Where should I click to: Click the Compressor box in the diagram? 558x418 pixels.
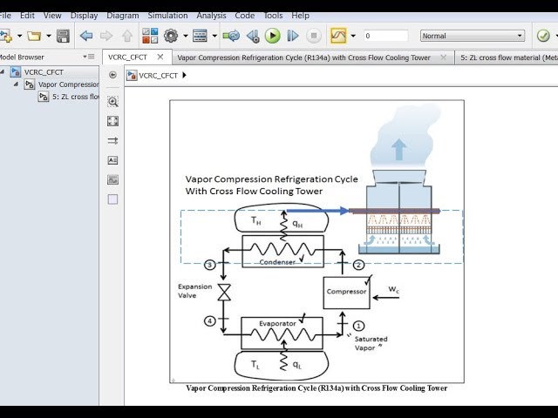(x=346, y=293)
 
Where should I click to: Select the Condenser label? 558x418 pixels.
(x=277, y=262)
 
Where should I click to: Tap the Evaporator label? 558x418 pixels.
(x=277, y=324)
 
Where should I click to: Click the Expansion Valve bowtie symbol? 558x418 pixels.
(x=224, y=293)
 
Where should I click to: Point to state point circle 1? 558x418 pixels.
(x=357, y=325)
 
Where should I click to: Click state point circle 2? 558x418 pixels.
(x=357, y=265)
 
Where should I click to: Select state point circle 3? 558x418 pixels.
(x=209, y=265)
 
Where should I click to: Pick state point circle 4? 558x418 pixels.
(x=209, y=320)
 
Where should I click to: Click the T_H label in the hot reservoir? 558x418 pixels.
(x=255, y=221)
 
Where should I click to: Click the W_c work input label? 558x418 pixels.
(x=394, y=289)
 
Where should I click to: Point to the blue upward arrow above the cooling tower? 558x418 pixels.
(x=398, y=149)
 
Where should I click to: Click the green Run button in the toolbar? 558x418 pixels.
(x=272, y=36)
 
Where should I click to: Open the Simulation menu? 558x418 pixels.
(x=167, y=16)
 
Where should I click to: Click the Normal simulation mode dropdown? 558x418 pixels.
(x=473, y=36)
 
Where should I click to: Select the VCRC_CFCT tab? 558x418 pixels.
(x=128, y=57)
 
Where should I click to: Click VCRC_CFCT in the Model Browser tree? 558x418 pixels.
(x=44, y=72)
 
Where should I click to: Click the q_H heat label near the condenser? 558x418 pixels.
(x=297, y=224)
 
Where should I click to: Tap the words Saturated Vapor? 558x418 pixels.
(x=371, y=343)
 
